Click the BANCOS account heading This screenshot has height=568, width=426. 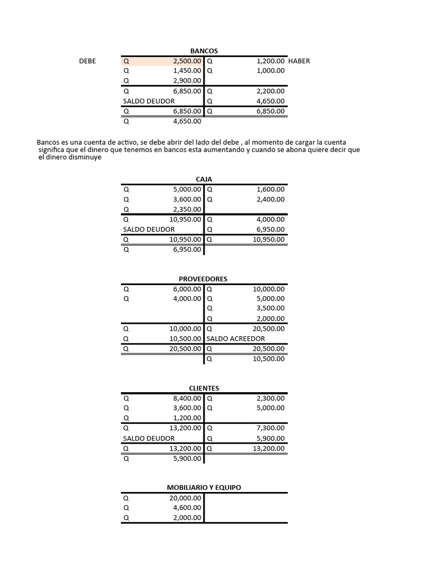coord(204,51)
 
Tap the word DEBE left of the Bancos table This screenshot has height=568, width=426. coord(88,61)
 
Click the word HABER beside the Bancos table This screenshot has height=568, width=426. coord(299,61)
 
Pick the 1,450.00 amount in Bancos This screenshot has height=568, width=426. coord(187,71)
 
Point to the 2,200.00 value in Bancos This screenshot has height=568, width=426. coord(271,91)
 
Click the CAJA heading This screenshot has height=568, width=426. coord(204,179)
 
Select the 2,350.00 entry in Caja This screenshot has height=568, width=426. coord(187,209)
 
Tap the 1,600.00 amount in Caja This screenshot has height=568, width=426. coord(271,189)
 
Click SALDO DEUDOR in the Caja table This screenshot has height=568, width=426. coord(149,229)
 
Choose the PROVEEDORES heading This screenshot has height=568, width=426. coord(204,279)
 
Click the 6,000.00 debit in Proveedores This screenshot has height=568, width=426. coord(187,288)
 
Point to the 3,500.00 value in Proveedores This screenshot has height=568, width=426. coord(271,308)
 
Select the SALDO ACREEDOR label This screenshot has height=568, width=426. coord(236,338)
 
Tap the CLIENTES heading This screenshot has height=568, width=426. coord(204,388)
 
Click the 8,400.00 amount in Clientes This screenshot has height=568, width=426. coord(187,398)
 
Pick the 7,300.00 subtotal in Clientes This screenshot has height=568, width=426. coord(271,428)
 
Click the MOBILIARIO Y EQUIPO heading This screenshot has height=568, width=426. coord(204,488)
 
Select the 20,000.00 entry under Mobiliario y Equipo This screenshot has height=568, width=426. coord(185,498)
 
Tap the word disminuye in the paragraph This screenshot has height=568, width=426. coord(86,158)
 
